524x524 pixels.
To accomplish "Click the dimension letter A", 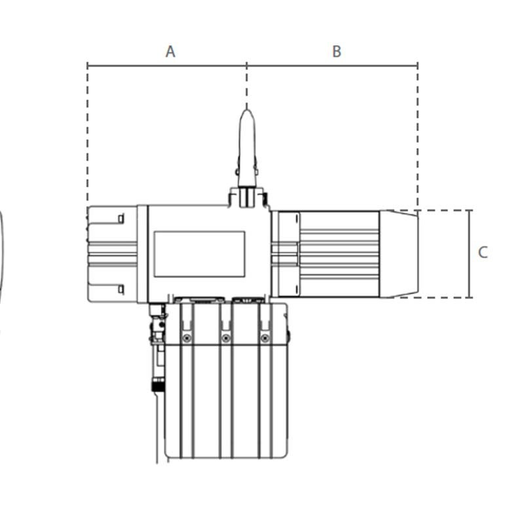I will pyautogui.click(x=170, y=51).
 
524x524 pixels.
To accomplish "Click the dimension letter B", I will pyautogui.click(x=337, y=51).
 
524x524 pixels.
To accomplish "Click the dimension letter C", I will pyautogui.click(x=483, y=252).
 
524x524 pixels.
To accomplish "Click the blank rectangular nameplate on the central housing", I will pyautogui.click(x=199, y=253).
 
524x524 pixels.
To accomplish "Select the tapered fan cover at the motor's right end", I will pyautogui.click(x=400, y=253).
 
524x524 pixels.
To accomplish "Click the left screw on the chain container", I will pyautogui.click(x=187, y=338).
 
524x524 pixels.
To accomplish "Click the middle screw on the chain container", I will pyautogui.click(x=226, y=338).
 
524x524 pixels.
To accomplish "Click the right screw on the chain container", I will pyautogui.click(x=265, y=338).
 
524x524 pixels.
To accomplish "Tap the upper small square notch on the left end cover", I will pyautogui.click(x=121, y=218).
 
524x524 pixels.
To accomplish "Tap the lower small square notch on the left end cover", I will pyautogui.click(x=121, y=289).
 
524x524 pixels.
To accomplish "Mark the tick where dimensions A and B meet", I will pyautogui.click(x=246, y=65).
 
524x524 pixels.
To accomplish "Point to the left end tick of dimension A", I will pyautogui.click(x=88, y=65).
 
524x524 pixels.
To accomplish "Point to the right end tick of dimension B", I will pyautogui.click(x=418, y=65).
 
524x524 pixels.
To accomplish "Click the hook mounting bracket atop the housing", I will pyautogui.click(x=247, y=196).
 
